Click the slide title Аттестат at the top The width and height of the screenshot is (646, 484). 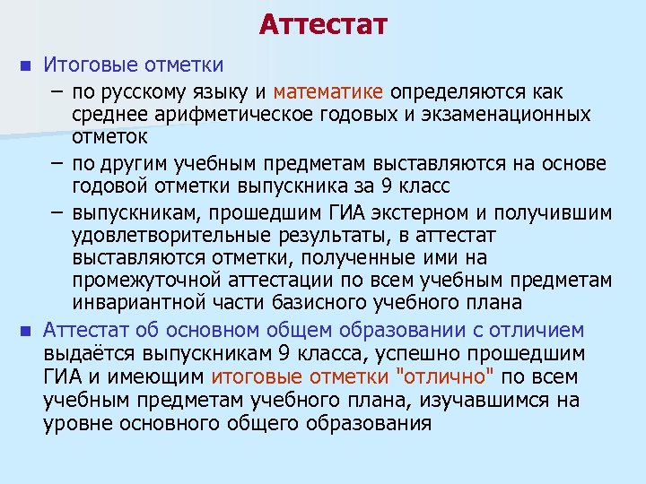[323, 24]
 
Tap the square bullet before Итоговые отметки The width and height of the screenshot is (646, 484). [26, 66]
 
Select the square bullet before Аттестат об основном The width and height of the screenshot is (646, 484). [26, 331]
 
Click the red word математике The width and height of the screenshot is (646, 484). [328, 91]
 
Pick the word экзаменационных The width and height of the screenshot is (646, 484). [512, 116]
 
